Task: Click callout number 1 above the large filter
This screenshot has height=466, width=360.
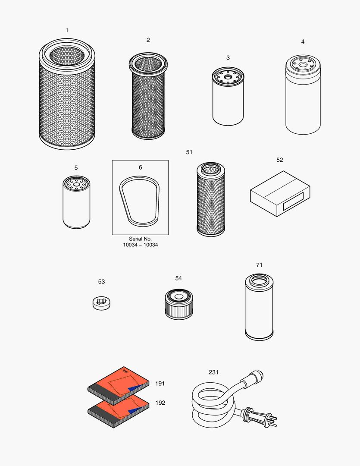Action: [x=67, y=30]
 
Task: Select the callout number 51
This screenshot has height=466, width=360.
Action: [x=189, y=152]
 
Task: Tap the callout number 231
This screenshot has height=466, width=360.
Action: [x=213, y=372]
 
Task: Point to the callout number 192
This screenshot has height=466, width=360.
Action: [x=160, y=403]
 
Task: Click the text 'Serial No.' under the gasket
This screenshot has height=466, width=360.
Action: [x=140, y=239]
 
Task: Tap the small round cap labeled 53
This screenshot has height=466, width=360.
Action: [x=101, y=302]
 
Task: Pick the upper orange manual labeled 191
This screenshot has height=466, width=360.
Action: [x=119, y=385]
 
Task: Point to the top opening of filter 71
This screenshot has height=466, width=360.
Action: [x=259, y=281]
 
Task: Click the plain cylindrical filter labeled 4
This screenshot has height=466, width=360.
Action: [x=303, y=99]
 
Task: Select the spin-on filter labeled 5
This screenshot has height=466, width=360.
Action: [x=76, y=203]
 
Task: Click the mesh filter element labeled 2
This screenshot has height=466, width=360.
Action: [x=148, y=99]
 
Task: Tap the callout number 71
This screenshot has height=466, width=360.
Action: [x=259, y=265]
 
